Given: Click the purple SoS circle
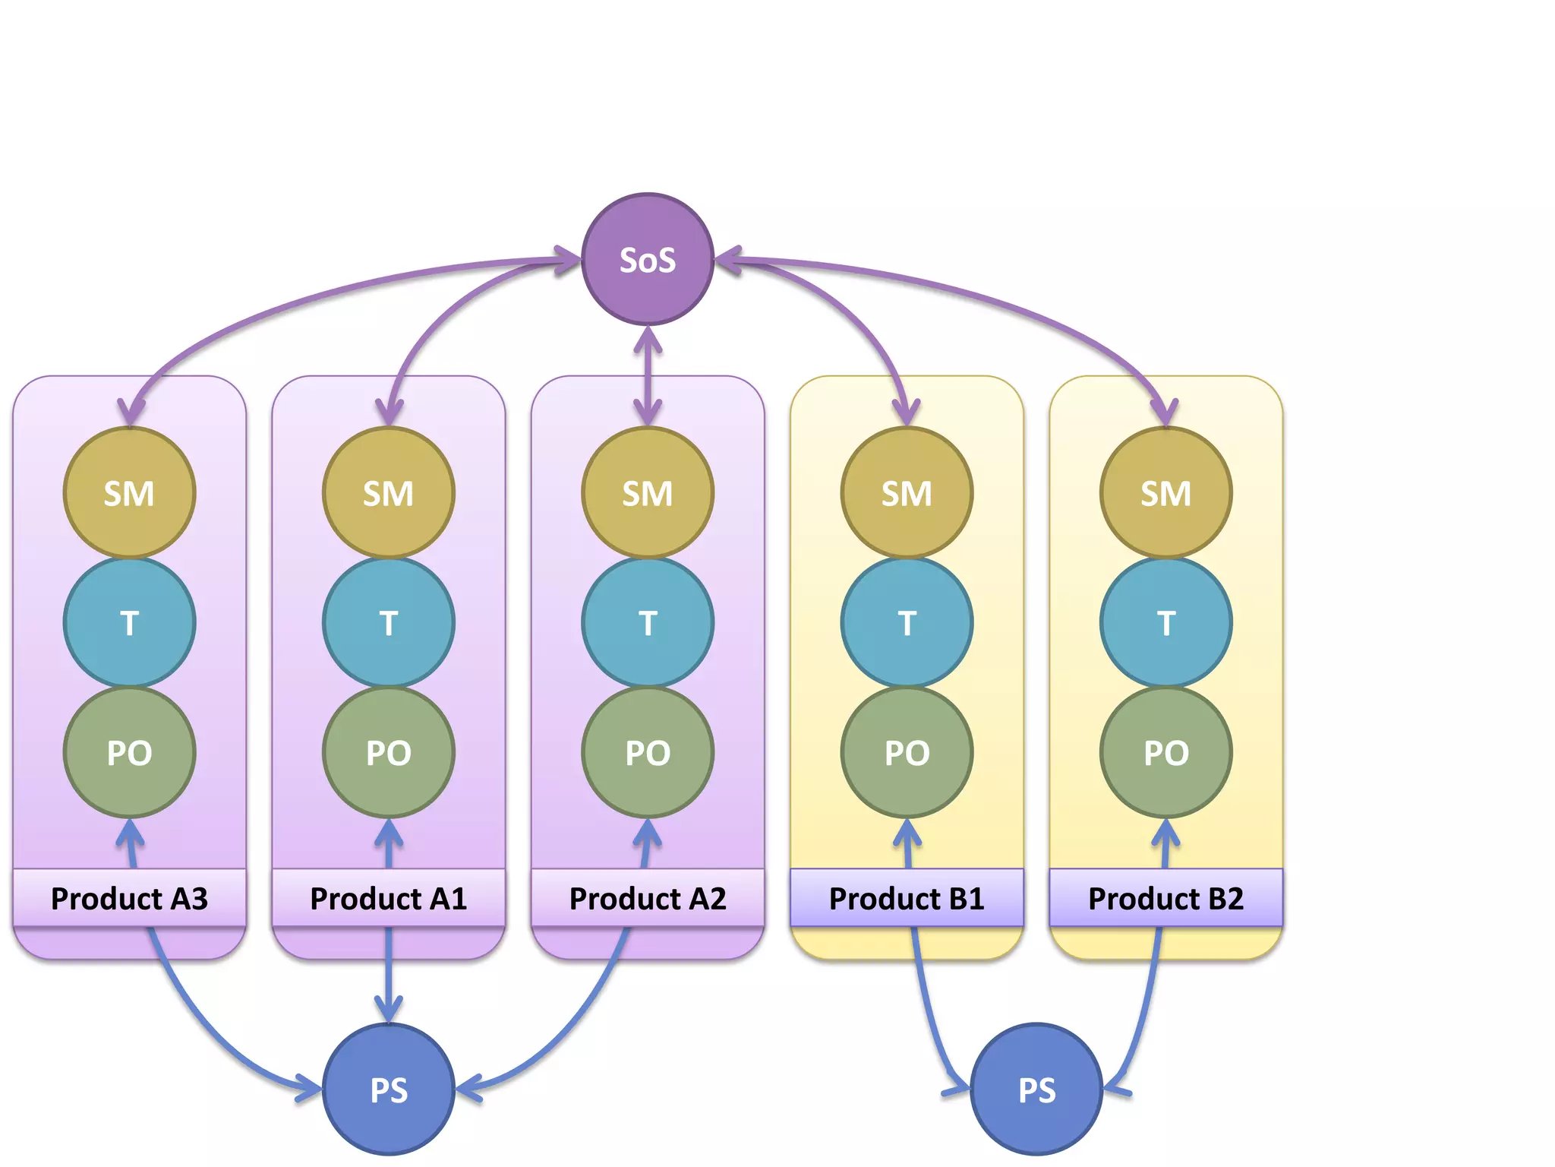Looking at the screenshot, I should (x=648, y=259).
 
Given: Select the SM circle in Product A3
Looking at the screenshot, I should (x=129, y=493).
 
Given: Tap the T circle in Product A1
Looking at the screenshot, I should (x=389, y=623).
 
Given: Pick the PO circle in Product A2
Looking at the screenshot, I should (x=648, y=753).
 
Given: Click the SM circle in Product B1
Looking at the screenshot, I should (x=907, y=493).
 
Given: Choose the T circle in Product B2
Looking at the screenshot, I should (x=1166, y=623).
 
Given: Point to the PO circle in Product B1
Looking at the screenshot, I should (x=907, y=753).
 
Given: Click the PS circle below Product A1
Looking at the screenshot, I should (x=389, y=1089).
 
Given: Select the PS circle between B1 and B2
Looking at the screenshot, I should (x=1036, y=1089).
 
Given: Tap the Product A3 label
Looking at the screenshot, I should (x=129, y=898).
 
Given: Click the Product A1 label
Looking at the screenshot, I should (x=389, y=898).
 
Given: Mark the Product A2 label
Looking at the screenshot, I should (x=648, y=898).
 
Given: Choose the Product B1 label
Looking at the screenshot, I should (x=907, y=898).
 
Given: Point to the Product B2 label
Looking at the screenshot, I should (x=1166, y=898).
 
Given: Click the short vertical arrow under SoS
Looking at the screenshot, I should (x=648, y=376).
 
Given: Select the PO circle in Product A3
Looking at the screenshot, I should (x=129, y=753).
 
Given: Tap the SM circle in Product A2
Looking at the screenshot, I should (x=648, y=493).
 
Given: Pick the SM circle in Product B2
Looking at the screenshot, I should (x=1166, y=493).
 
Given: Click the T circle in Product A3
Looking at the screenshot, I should (x=129, y=623).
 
